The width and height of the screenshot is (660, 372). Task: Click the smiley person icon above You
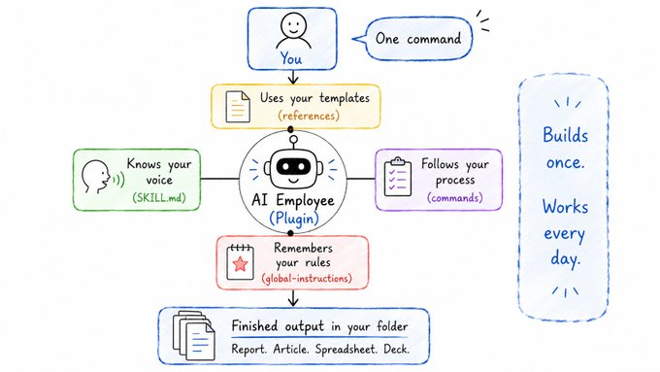click(x=293, y=31)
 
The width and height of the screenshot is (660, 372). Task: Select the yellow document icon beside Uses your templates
click(x=238, y=107)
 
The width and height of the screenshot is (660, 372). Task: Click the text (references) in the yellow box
click(x=309, y=116)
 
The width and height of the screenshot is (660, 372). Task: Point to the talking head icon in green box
click(x=102, y=177)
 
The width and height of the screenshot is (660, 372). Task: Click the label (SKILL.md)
click(x=159, y=197)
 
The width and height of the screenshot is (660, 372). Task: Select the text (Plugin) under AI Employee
click(x=293, y=219)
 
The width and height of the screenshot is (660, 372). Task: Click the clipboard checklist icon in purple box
click(x=398, y=177)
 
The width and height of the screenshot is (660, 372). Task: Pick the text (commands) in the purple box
click(x=455, y=197)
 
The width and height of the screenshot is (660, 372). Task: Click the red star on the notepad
click(x=241, y=264)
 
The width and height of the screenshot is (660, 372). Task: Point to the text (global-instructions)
click(x=307, y=279)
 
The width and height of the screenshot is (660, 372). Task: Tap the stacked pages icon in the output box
click(x=193, y=335)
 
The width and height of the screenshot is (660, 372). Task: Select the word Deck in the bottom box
click(x=397, y=350)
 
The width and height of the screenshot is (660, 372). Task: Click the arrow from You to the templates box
click(x=293, y=77)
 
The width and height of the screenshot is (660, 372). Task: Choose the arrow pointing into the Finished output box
click(x=293, y=298)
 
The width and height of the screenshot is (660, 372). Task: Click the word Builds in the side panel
click(x=565, y=135)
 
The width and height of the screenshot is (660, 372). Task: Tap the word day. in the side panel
click(x=566, y=257)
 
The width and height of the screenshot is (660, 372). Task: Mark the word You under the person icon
click(x=291, y=59)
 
